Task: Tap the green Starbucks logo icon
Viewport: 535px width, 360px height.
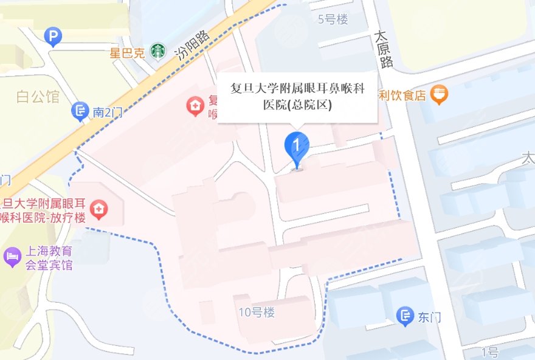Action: tap(158, 51)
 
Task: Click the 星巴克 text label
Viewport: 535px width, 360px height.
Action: tap(127, 52)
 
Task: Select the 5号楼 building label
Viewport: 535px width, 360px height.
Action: tap(333, 19)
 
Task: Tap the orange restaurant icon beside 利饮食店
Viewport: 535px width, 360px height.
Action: tap(439, 94)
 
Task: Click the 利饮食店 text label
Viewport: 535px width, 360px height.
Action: tap(402, 95)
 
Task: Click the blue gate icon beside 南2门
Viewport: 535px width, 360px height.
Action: tap(80, 111)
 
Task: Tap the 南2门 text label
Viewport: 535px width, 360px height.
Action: tap(106, 112)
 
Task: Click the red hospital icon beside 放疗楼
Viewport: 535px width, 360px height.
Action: tap(97, 210)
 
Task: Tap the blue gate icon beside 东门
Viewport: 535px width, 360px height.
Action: tap(405, 316)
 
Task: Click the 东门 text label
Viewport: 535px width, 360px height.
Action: tap(429, 317)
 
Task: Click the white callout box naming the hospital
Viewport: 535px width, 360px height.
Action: tap(297, 97)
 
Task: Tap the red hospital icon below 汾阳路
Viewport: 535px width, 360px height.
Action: tap(195, 107)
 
